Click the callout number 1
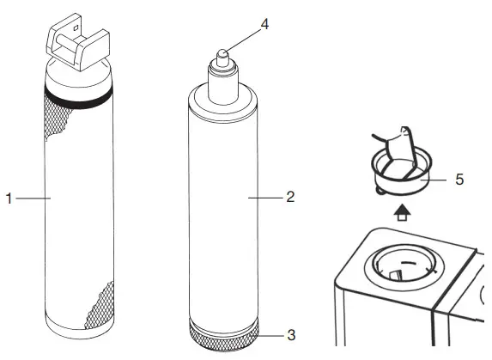(8, 198)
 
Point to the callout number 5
(459, 180)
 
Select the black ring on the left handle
(76, 98)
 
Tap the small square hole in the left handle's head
(76, 35)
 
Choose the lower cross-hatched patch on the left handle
(95, 305)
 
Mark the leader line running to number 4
(245, 35)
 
